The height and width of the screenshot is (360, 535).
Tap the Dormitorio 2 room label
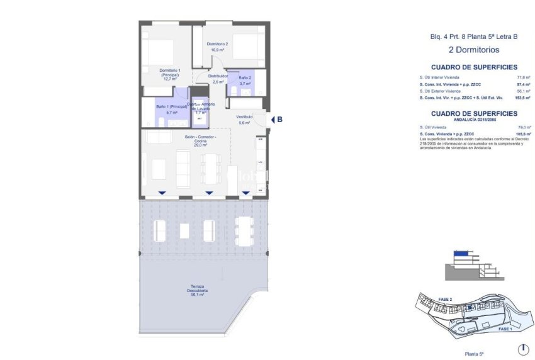217,46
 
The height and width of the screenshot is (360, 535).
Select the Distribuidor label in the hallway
218,79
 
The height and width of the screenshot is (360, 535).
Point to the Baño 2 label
245,80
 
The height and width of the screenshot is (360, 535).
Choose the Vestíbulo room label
244,120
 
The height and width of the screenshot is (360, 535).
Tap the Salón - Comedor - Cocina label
201,141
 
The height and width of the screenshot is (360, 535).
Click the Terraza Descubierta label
197,291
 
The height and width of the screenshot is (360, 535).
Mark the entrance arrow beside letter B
272,119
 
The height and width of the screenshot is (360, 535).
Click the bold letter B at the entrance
279,119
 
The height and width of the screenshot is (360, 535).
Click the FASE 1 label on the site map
504,329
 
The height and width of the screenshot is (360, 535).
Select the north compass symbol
522,349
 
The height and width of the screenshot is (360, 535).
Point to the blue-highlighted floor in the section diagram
461,253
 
